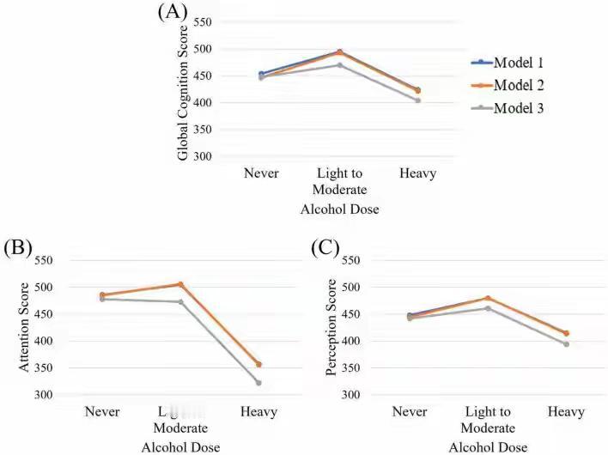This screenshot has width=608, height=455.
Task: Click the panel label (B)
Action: [17, 248]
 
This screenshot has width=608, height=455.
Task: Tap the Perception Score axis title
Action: [331, 330]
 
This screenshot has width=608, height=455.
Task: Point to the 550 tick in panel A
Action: [204, 21]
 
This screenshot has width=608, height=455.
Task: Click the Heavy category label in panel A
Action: [418, 173]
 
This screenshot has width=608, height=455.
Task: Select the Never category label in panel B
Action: [102, 412]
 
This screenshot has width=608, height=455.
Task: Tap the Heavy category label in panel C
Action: [567, 412]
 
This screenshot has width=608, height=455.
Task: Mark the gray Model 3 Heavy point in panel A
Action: [418, 100]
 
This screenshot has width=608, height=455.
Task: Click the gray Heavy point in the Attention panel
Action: [258, 383]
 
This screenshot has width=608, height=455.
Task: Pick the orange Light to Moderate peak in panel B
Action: [180, 284]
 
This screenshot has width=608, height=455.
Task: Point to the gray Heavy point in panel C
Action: [566, 344]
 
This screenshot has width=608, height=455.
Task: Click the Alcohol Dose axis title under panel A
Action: [339, 208]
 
